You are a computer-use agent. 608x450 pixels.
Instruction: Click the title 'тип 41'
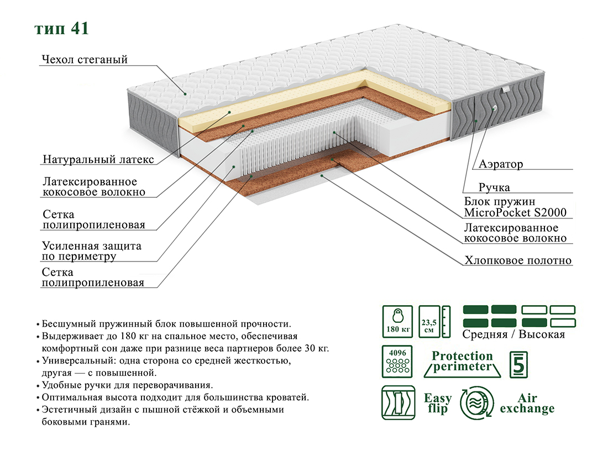[62, 29]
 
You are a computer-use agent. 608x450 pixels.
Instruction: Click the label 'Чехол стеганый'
[85, 59]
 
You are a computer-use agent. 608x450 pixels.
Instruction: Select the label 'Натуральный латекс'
[98, 159]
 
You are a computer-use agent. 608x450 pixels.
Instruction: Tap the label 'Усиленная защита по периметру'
[92, 251]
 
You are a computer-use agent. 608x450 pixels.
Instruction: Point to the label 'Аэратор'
[501, 164]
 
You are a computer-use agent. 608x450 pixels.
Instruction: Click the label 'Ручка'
[494, 187]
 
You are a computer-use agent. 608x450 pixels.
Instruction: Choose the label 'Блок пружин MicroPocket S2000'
[515, 207]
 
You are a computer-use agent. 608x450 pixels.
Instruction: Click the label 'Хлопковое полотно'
[518, 260]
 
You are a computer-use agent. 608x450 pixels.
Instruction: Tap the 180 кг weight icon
[397, 321]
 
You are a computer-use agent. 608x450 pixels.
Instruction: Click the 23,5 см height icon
[434, 321]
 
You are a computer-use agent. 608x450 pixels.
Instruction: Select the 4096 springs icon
[397, 362]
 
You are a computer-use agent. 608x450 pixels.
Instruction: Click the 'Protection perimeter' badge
[462, 364]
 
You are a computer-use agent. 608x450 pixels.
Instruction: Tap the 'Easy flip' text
[438, 403]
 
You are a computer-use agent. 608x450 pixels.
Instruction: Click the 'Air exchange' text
[527, 403]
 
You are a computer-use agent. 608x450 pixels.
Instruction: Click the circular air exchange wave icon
[477, 402]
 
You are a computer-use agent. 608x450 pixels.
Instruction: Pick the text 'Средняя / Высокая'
[513, 334]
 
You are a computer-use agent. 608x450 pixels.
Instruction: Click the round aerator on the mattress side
[494, 108]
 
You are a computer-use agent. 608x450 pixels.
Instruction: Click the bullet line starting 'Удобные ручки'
[124, 385]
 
